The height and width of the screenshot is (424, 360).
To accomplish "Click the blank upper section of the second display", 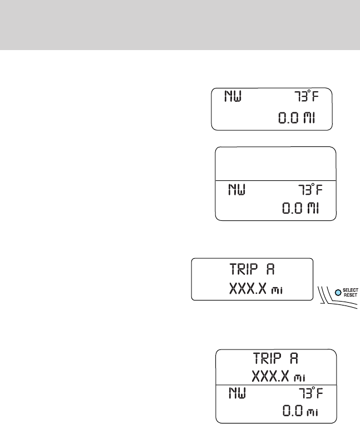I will coord(276,163).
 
